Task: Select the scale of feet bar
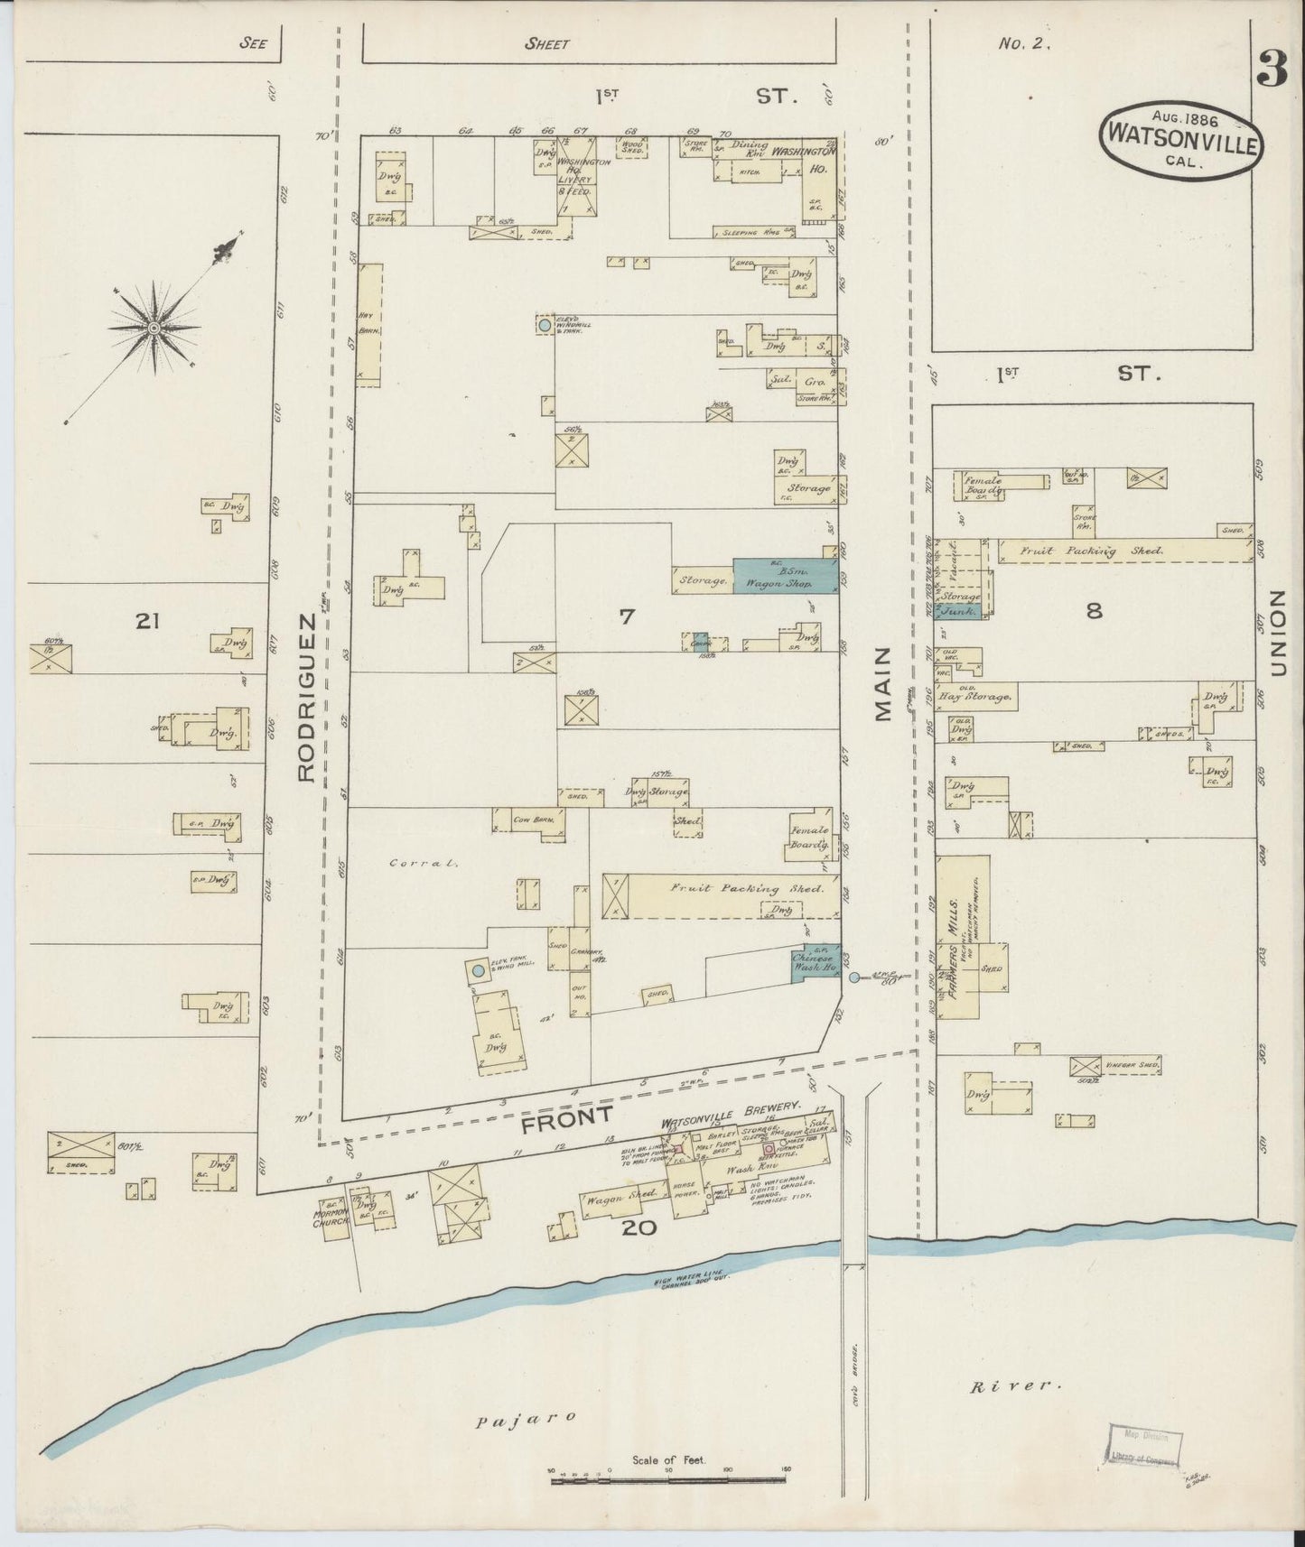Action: [668, 1479]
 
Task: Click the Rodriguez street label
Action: [306, 697]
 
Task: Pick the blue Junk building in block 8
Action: [961, 611]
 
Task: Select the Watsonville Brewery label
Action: [732, 1105]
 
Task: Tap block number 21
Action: [146, 620]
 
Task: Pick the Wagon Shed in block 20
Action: [615, 1201]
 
